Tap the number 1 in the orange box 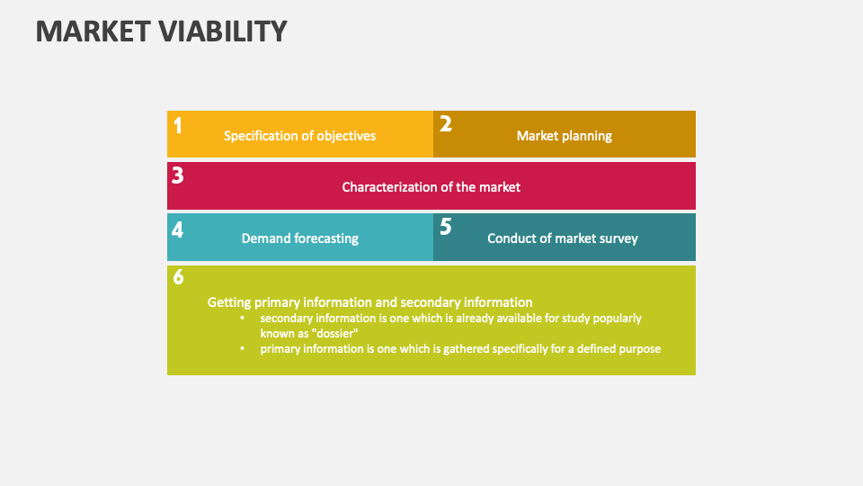click(x=178, y=125)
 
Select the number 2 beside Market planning click(x=445, y=124)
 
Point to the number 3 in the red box click(x=178, y=175)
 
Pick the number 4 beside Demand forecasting click(x=178, y=229)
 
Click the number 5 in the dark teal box click(x=445, y=227)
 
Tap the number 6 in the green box click(x=178, y=278)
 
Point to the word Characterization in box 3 click(x=387, y=187)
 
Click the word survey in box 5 click(x=618, y=238)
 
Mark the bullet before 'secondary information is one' click(x=242, y=319)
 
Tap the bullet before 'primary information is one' click(x=242, y=348)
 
